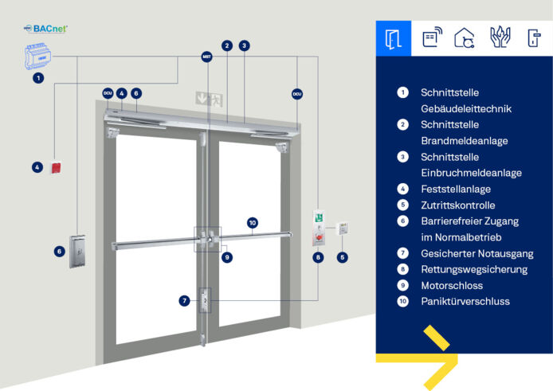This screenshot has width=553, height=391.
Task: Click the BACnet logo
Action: pos(45,29)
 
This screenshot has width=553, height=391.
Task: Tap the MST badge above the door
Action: pos(206,57)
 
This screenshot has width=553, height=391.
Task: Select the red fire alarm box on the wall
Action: pos(56,167)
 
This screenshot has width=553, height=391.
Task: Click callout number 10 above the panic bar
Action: pos(253,223)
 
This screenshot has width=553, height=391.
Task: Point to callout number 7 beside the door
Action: pos(184,301)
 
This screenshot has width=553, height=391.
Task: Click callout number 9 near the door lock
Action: pos(227,257)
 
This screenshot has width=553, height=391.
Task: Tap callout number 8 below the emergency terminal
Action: pos(318,257)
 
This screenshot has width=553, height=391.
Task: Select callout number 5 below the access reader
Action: pos(343,257)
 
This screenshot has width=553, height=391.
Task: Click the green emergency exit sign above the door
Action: pos(209,99)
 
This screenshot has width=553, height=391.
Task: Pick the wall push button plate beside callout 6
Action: pos(77,251)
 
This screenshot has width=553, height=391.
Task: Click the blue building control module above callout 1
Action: pos(37,56)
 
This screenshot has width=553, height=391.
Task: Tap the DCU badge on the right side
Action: pos(297,94)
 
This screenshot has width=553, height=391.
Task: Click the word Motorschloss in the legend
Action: pos(452,286)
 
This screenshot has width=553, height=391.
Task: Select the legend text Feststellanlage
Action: pos(456,190)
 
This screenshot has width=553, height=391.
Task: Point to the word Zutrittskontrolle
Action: pos(457,205)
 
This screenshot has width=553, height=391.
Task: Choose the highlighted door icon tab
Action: pos(394,38)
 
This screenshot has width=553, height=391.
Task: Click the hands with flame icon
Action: pos(500,37)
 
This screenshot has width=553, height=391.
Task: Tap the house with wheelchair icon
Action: pos(464,37)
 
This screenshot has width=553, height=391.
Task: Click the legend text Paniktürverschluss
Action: pos(465,302)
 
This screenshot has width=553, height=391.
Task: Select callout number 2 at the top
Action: pos(227,45)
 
